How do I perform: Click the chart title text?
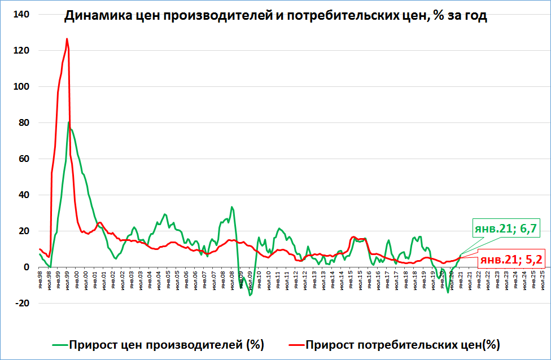(x=275, y=16)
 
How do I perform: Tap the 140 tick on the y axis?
(x=21, y=14)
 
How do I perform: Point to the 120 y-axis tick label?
(x=21, y=50)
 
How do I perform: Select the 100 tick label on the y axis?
(x=21, y=86)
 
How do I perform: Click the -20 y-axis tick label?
(x=22, y=303)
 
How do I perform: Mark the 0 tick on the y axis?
(x=26, y=267)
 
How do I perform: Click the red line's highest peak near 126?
(x=67, y=39)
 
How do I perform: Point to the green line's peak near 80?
(x=69, y=122)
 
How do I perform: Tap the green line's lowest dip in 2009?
(x=250, y=295)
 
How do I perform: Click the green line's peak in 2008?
(x=231, y=207)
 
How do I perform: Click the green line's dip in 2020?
(x=448, y=292)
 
